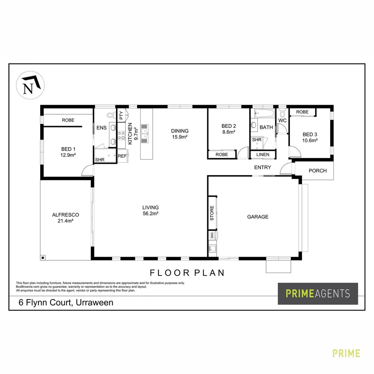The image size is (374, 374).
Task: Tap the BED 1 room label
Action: pos(68,149)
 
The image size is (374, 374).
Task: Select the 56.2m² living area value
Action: pos(150,214)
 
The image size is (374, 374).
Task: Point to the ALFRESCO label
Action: pos(65,215)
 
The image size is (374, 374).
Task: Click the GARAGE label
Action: pos(257,217)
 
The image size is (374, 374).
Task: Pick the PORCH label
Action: pos(317,170)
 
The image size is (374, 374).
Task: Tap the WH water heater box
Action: pos(212,235)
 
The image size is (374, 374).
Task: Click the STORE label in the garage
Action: pos(212,213)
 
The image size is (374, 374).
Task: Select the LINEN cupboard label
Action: pos(263,154)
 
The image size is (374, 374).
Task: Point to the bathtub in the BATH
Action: pos(265,113)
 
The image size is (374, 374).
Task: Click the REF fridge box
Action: pos(122,156)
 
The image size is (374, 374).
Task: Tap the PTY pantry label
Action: pos(121,115)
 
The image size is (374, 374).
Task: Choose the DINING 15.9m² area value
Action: pos(180,137)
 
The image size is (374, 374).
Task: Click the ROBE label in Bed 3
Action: pos(302,112)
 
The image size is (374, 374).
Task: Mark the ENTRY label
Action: pos(262,167)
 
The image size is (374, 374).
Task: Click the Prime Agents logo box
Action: pos(318,294)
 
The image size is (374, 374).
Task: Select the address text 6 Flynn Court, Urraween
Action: pos(66,302)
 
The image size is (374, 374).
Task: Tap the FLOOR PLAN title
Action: pos(187,273)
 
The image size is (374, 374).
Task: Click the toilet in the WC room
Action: pos(283,113)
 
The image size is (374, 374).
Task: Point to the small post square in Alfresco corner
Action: pos(43,257)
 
